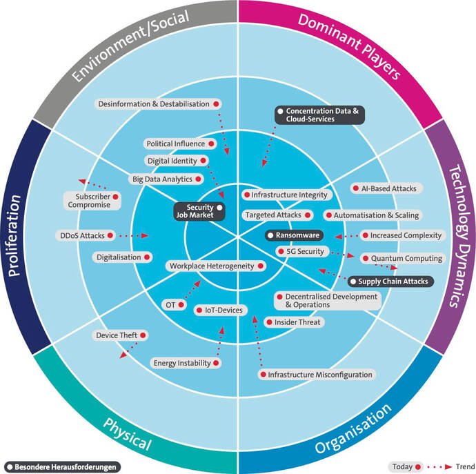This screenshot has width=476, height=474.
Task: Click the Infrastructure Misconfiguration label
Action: tap(316, 375)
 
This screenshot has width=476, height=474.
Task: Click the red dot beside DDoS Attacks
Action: tap(110, 236)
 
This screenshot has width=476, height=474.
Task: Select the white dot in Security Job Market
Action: tap(219, 207)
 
